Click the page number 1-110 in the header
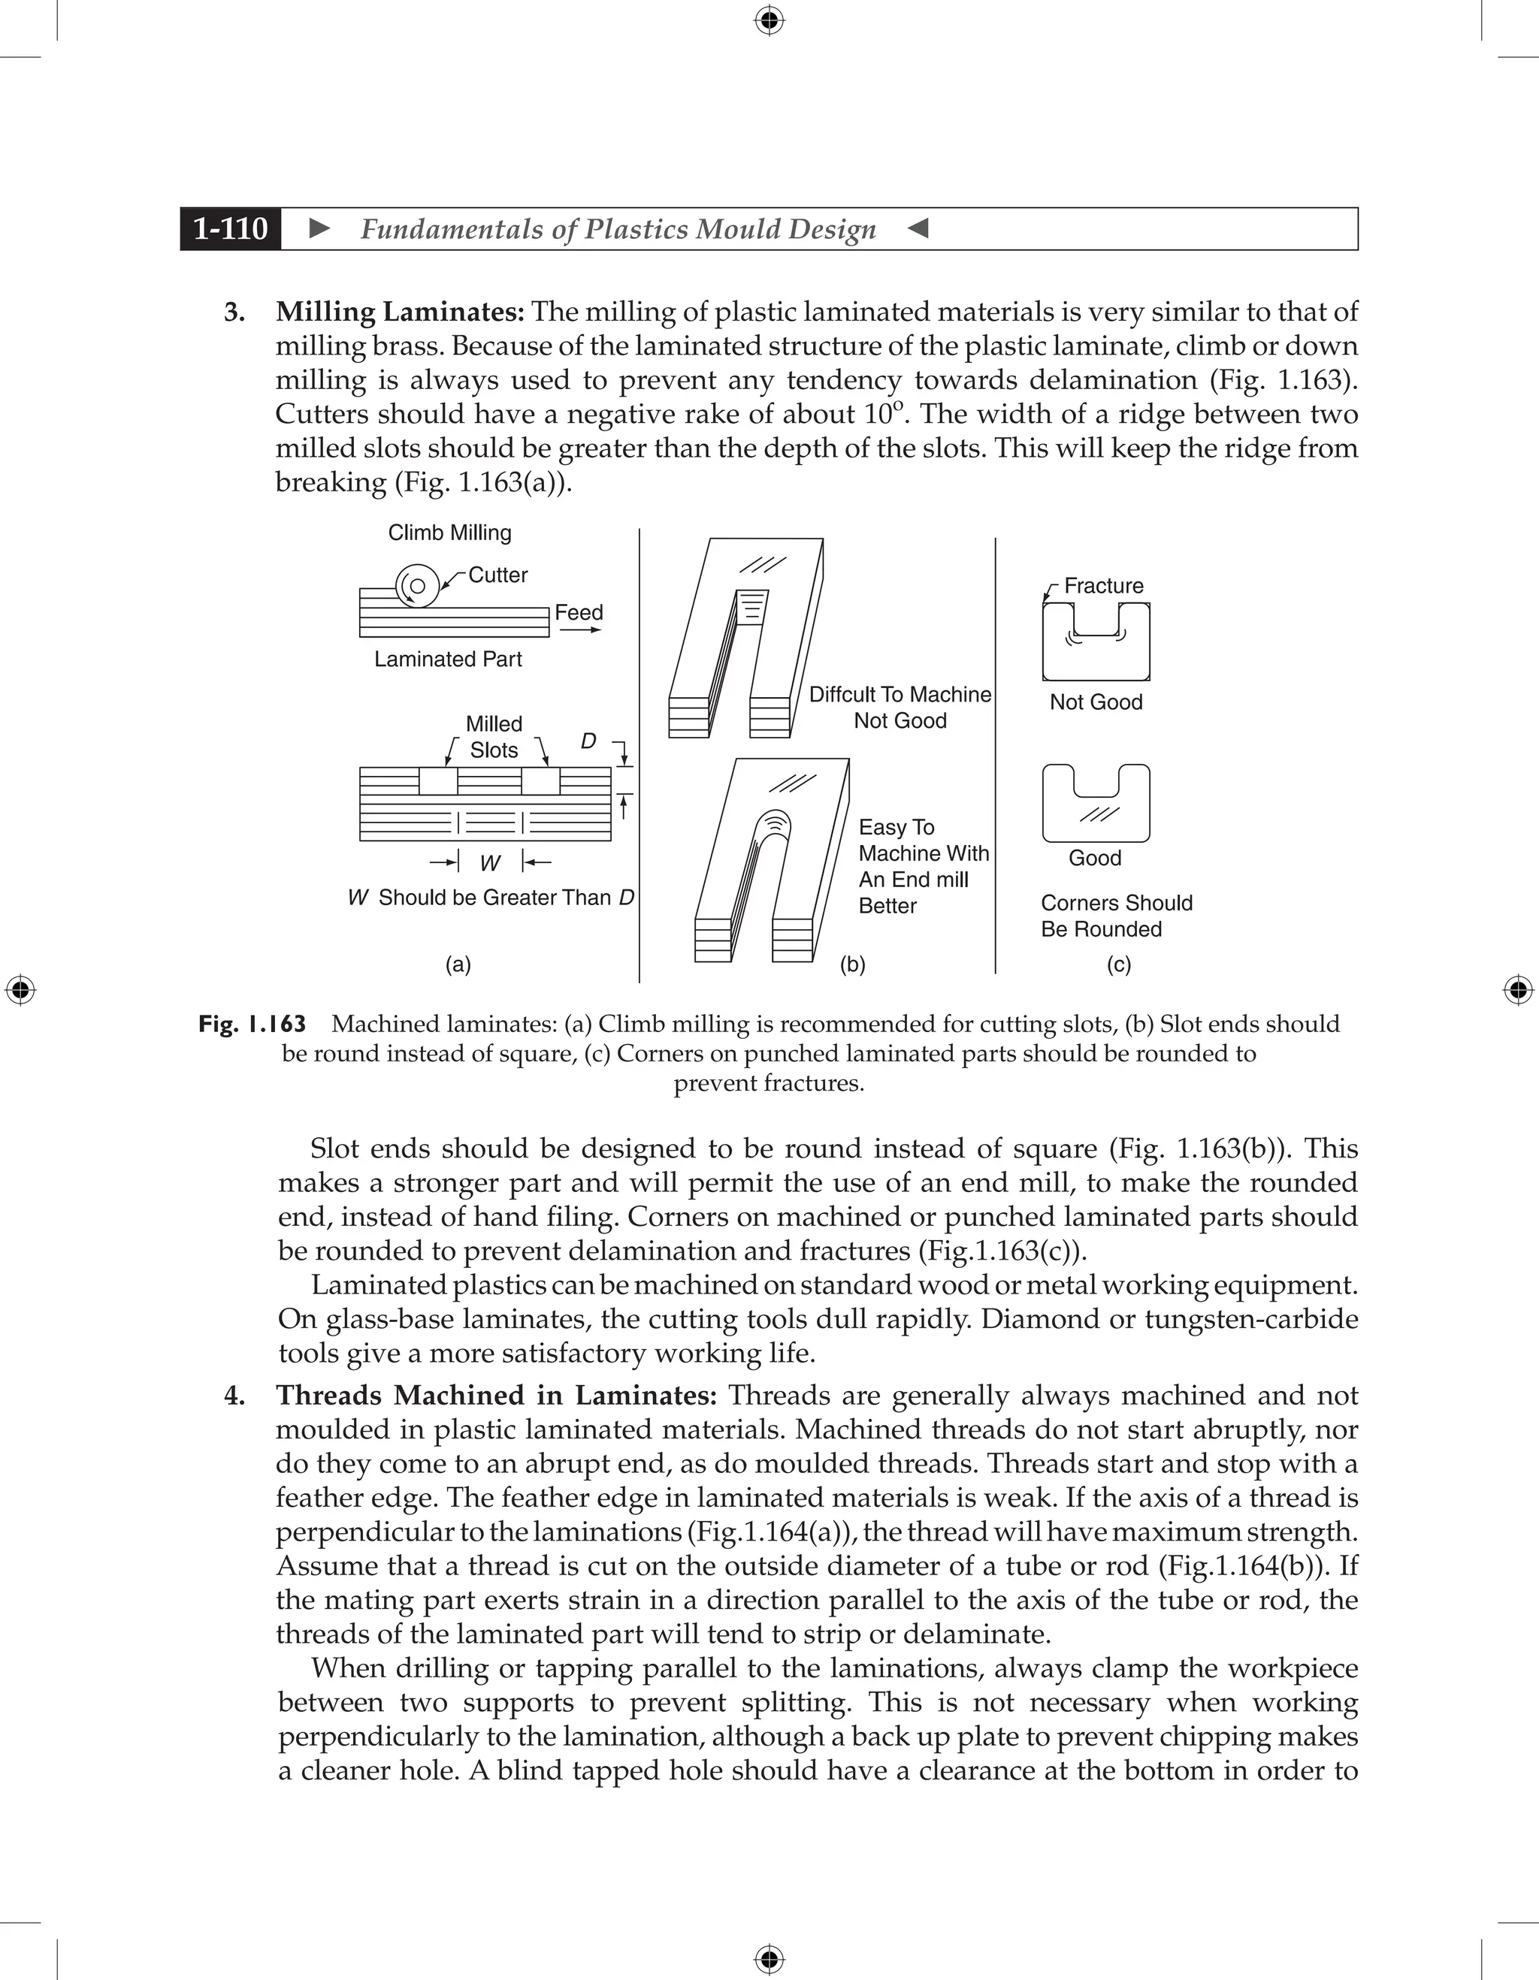[x=231, y=228]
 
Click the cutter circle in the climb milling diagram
[x=418, y=587]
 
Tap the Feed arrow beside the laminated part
[x=580, y=629]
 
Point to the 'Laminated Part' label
[x=448, y=659]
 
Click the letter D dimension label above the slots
[x=588, y=741]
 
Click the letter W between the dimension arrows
[x=490, y=863]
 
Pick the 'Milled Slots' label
[x=494, y=737]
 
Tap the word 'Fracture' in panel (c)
[x=1104, y=586]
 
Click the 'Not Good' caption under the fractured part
[x=1096, y=702]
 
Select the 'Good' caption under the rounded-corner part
[x=1095, y=858]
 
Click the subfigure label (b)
[x=852, y=964]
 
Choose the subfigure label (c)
[x=1118, y=964]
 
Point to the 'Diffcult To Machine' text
[x=900, y=695]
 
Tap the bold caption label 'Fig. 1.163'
[x=252, y=1025]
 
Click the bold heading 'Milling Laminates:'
[x=400, y=312]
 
